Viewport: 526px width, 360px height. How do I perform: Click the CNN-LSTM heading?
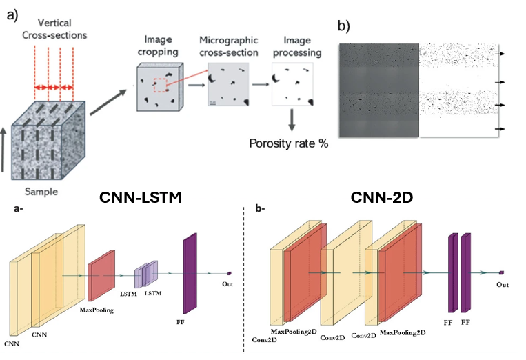click(x=140, y=197)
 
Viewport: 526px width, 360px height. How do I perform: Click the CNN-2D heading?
click(x=382, y=197)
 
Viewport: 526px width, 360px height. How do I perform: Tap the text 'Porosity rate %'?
click(x=288, y=143)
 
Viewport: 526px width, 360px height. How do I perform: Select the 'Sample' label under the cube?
click(x=41, y=192)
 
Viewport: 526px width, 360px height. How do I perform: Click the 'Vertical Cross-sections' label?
click(x=54, y=29)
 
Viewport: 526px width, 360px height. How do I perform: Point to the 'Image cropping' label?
click(x=158, y=46)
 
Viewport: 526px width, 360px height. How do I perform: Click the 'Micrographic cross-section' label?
click(x=229, y=46)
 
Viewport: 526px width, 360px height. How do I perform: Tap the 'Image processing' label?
click(x=297, y=46)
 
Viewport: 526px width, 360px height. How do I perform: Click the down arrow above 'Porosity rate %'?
click(x=292, y=119)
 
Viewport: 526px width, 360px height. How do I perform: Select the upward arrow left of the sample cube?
click(x=3, y=150)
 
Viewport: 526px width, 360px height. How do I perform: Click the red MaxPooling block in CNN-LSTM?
click(x=101, y=275)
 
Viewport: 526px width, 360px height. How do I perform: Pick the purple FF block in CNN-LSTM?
click(x=190, y=273)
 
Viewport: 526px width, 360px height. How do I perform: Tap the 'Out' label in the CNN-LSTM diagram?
click(x=227, y=284)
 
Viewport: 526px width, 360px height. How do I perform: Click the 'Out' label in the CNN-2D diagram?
click(x=503, y=285)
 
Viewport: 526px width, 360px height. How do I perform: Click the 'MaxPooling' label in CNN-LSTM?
click(x=97, y=310)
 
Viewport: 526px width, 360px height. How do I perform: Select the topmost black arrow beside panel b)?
click(x=501, y=54)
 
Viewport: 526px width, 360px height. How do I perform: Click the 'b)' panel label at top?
click(x=343, y=26)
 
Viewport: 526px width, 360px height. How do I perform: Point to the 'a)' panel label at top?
click(x=12, y=15)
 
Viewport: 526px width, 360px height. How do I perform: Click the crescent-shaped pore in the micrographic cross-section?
click(x=212, y=79)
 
